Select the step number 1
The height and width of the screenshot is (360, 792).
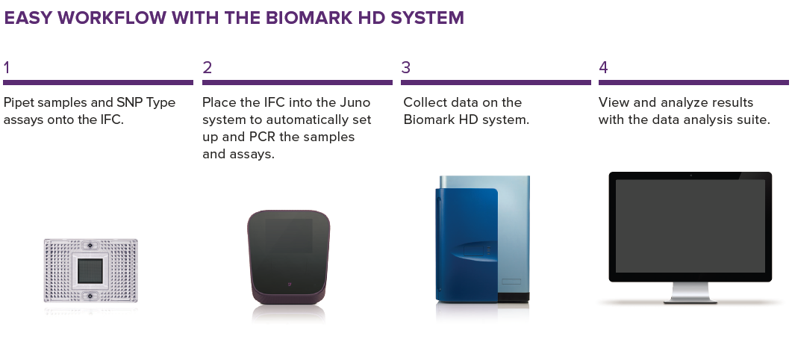coord(7,68)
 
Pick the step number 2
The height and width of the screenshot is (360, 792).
coord(207,68)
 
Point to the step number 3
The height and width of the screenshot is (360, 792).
coord(405,68)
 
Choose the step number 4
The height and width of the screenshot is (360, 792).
coord(604,68)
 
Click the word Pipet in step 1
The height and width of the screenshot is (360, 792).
coord(19,102)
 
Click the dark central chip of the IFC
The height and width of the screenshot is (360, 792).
coord(90,271)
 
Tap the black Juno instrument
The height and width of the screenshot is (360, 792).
coord(288,258)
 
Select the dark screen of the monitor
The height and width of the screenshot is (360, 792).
coord(690,226)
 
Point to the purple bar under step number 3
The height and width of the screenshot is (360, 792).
coord(496,82)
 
